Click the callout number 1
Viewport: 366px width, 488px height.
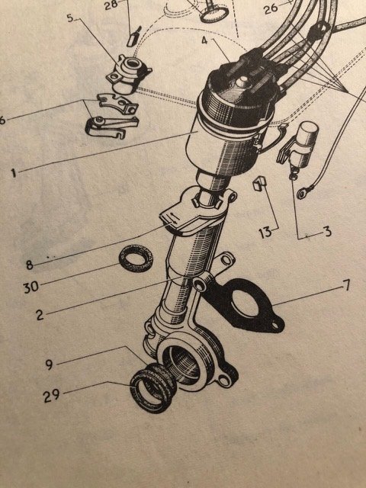(x=14, y=173)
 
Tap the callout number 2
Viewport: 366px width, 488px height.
(x=40, y=315)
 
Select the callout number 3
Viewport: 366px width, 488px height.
(x=327, y=232)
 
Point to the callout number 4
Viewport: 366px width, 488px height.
(x=204, y=40)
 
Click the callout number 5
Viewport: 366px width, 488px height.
(x=70, y=18)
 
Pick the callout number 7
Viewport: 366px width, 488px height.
(x=346, y=285)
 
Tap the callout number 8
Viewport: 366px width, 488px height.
(x=29, y=265)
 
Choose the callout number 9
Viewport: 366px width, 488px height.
(x=49, y=364)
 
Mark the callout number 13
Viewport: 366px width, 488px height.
(x=265, y=233)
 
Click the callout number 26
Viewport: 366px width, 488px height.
(x=271, y=8)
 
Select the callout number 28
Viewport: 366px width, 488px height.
(x=111, y=5)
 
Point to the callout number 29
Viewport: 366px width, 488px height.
(x=51, y=396)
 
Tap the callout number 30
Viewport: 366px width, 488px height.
(x=31, y=287)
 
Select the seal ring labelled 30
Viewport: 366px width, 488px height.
(x=136, y=258)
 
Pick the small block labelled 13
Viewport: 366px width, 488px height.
(x=259, y=184)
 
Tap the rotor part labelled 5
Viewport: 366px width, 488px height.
(x=129, y=74)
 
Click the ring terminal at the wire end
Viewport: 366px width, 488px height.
(x=302, y=194)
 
